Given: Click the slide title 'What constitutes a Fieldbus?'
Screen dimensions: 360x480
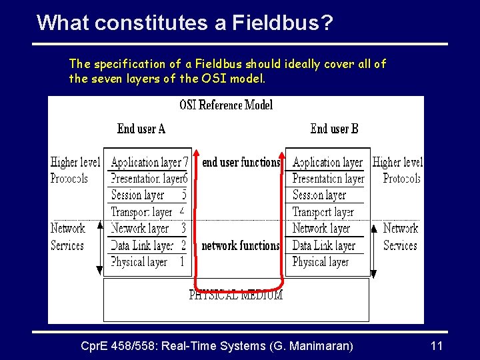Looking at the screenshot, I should point(185,23).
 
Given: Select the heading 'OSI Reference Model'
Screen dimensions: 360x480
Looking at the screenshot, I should point(226,105).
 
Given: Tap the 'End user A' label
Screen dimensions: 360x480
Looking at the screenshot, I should point(141,129).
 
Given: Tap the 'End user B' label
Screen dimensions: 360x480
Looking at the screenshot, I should point(334,129).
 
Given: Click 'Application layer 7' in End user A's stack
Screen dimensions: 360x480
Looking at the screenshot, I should point(149,162).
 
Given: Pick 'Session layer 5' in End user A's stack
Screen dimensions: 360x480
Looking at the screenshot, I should point(148,195).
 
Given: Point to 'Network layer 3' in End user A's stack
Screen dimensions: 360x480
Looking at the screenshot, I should point(148,229).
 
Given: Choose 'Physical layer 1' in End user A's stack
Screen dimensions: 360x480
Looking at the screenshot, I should point(147,262).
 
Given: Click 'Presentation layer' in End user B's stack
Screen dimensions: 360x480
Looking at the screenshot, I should point(328,179).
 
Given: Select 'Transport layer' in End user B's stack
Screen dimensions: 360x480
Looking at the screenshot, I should point(323,212).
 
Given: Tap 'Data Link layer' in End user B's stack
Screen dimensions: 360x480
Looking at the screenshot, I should point(323,245).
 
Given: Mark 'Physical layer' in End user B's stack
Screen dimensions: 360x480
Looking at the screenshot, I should point(320,262).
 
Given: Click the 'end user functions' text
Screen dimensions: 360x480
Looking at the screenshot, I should point(241,162).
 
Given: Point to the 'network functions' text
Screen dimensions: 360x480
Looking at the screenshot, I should point(241,245).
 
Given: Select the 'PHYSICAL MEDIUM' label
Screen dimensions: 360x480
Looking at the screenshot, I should point(236,295).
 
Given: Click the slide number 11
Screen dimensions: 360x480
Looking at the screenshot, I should point(437,346).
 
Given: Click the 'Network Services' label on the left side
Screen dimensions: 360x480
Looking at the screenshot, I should point(67,237).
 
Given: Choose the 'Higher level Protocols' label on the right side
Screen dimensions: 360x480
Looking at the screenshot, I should point(399,170).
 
